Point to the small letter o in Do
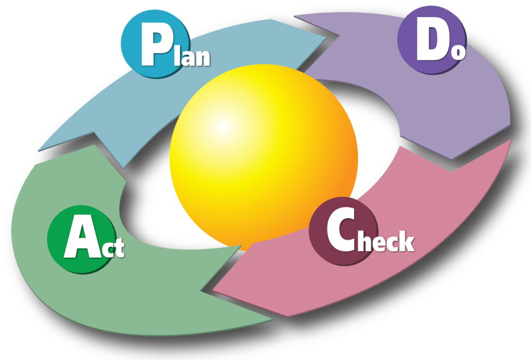click(x=458, y=52)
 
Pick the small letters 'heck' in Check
click(x=386, y=242)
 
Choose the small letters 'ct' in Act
click(x=114, y=247)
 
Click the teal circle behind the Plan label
click(x=155, y=44)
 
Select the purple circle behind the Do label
click(x=432, y=39)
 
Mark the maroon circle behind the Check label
click(x=343, y=231)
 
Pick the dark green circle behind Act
click(x=81, y=239)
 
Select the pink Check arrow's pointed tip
click(x=213, y=290)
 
